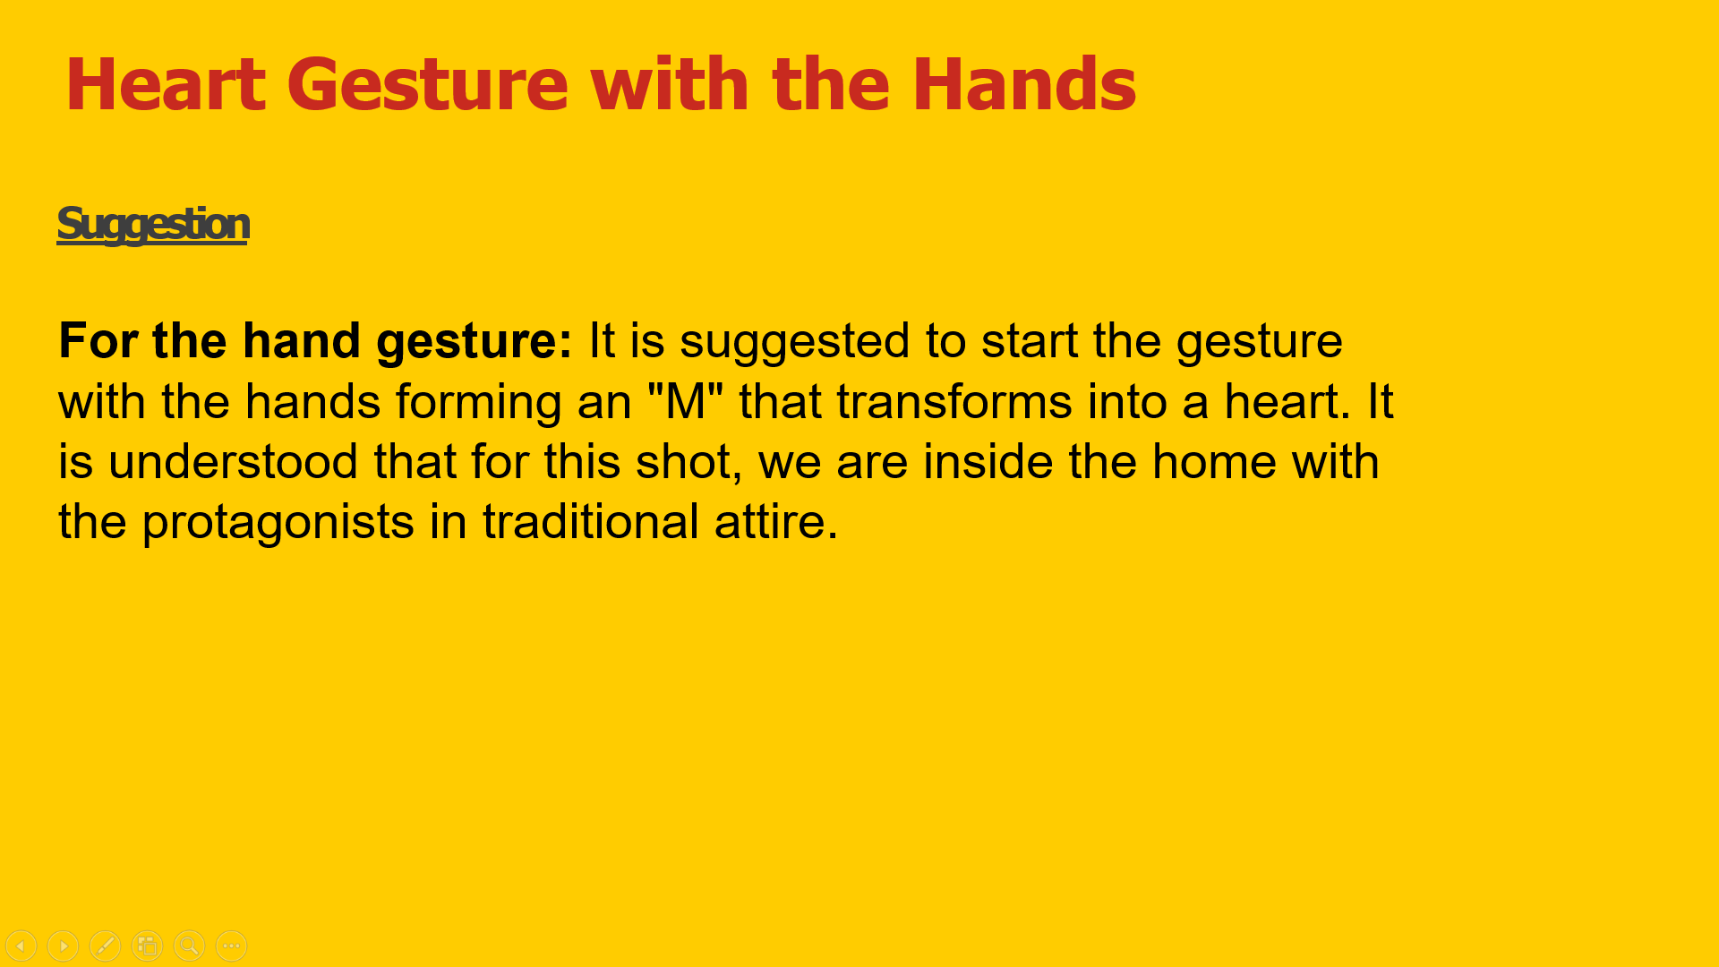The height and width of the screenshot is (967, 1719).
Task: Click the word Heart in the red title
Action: pos(166,84)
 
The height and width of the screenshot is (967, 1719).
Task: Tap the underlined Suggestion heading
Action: pos(153,224)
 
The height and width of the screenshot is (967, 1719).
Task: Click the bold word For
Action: pos(98,341)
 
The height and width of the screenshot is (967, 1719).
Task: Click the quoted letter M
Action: pos(685,401)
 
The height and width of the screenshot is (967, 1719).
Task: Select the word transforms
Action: pos(954,401)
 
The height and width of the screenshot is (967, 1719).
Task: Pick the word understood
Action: pos(233,462)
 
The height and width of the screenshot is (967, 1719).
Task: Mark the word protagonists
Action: pos(278,523)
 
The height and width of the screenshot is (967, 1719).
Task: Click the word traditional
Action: pos(590,522)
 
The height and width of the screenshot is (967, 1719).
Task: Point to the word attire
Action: pos(776,522)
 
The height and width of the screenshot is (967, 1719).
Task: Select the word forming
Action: pos(479,403)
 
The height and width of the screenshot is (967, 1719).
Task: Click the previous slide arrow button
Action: pos(21,946)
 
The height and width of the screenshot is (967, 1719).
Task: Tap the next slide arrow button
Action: pos(63,946)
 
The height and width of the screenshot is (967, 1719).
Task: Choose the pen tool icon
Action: pos(105,946)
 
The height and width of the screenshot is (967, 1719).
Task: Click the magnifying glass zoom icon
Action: pos(189,946)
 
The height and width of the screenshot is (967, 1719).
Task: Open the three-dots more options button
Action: pos(231,946)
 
